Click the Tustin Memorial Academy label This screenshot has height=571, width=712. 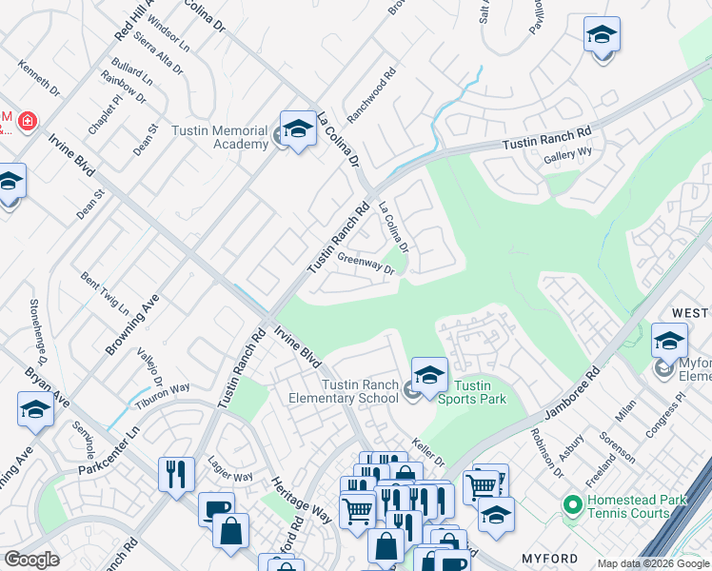220,137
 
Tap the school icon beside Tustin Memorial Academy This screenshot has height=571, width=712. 297,130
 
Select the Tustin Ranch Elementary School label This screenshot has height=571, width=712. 359,391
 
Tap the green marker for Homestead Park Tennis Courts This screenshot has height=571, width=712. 571,502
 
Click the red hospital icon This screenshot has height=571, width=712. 27,121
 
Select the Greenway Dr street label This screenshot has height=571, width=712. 366,263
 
